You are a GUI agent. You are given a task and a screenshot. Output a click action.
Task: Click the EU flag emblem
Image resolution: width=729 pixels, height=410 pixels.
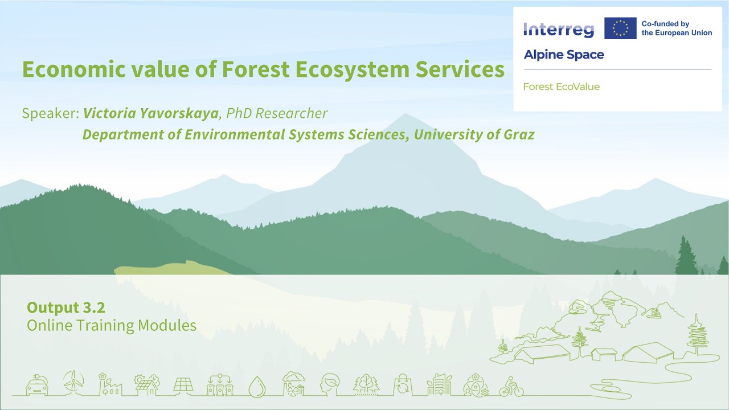[x=620, y=28]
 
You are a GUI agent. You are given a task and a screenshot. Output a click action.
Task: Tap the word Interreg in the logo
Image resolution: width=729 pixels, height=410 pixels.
[x=558, y=29]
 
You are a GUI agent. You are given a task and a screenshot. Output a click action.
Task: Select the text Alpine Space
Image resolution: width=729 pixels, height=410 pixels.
[x=563, y=55]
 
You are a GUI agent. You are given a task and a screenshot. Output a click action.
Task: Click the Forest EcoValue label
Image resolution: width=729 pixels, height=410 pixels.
[x=561, y=87]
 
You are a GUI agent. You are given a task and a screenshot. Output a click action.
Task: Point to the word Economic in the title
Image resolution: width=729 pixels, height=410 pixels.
[x=74, y=69]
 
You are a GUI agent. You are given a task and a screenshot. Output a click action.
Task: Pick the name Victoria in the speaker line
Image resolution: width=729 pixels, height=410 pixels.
[x=109, y=113]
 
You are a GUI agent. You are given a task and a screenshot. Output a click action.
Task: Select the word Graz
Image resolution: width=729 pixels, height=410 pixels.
[x=519, y=135]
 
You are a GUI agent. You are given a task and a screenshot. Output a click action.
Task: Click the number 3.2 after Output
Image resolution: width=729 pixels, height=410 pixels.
[x=93, y=307]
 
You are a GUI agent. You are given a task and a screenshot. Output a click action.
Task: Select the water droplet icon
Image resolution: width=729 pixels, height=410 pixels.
[x=257, y=386]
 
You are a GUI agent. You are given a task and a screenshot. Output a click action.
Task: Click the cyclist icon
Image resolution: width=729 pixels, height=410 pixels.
[x=511, y=387]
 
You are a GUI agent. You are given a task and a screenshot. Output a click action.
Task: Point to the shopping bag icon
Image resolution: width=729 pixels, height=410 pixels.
[x=402, y=385]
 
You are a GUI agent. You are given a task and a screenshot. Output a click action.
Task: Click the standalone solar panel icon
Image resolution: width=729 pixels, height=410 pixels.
[x=183, y=386]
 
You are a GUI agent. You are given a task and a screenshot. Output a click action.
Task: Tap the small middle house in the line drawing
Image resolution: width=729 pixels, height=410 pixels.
[x=604, y=354]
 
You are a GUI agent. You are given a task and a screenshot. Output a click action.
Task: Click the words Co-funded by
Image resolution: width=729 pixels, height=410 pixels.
[x=665, y=24]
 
